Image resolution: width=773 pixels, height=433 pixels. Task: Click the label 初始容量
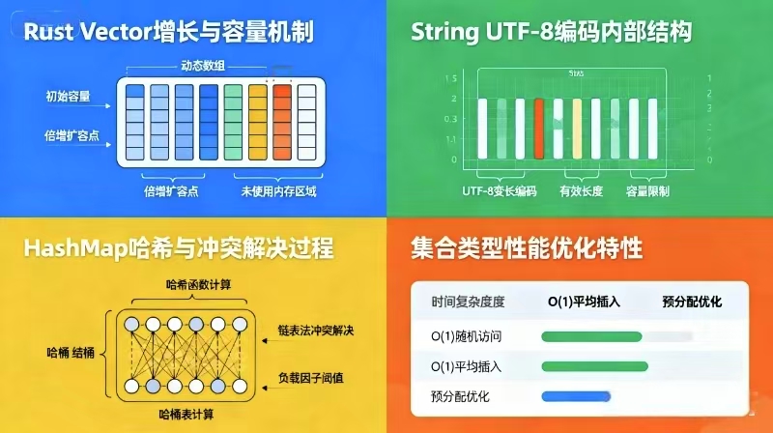pyautogui.click(x=68, y=96)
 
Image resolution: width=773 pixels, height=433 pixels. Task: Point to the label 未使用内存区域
pyautogui.click(x=278, y=191)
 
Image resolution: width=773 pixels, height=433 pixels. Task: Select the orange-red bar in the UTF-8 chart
pyautogui.click(x=540, y=127)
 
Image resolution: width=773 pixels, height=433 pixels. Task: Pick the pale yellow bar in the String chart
pyautogui.click(x=577, y=127)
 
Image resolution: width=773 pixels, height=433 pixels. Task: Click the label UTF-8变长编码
pyautogui.click(x=499, y=191)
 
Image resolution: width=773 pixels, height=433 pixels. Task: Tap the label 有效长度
pyautogui.click(x=581, y=191)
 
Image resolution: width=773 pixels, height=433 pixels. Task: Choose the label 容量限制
pyautogui.click(x=648, y=191)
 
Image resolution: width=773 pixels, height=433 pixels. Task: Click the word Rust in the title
pyautogui.click(x=50, y=33)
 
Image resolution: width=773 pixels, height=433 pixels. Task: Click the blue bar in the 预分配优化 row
pyautogui.click(x=576, y=395)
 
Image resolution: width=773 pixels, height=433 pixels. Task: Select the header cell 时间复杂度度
pyautogui.click(x=468, y=302)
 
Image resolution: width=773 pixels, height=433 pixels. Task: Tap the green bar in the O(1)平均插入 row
pyautogui.click(x=594, y=366)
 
